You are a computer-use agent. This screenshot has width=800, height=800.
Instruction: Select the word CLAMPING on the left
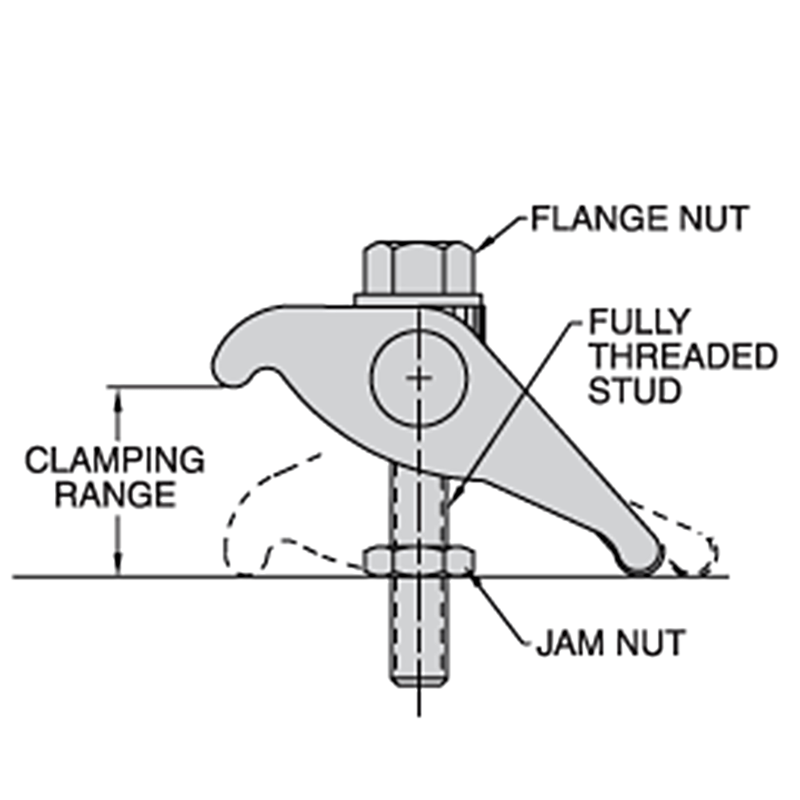[115, 460]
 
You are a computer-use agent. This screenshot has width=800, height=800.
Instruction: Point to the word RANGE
[116, 495]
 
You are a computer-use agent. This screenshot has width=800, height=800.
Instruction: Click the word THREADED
[683, 356]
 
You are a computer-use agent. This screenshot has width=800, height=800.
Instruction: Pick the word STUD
[635, 391]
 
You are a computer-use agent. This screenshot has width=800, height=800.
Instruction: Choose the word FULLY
[639, 322]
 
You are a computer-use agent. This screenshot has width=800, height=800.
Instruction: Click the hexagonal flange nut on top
[419, 268]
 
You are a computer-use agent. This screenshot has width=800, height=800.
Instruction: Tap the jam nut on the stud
[419, 562]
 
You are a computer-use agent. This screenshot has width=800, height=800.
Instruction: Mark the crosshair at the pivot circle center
[419, 377]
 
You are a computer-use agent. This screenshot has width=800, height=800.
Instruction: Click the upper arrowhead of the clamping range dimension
[118, 398]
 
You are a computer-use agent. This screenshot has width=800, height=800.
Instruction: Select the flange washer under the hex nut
[419, 300]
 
